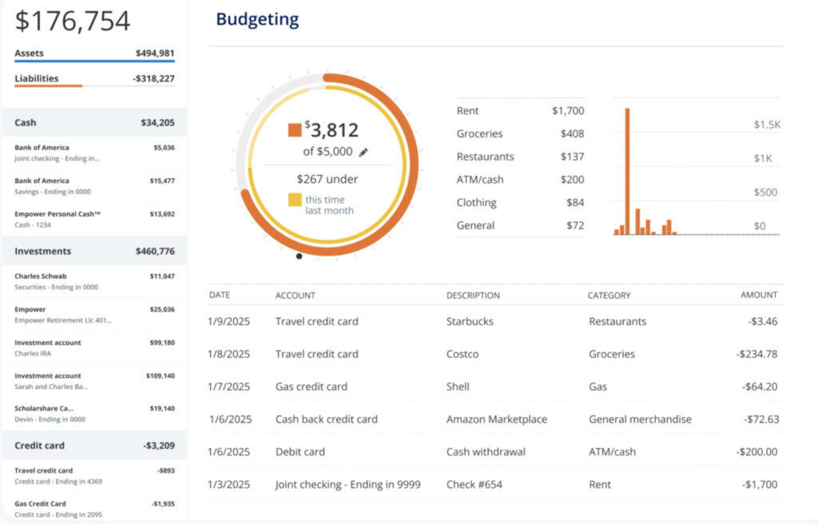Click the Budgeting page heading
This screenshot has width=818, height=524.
click(257, 20)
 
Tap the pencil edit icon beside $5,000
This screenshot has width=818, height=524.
click(363, 152)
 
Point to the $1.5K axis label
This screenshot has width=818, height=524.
click(767, 125)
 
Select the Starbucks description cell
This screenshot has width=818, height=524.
click(470, 321)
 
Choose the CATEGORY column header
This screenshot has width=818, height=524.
click(609, 295)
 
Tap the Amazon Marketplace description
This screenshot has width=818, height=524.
click(496, 419)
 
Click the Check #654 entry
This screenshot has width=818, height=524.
click(475, 484)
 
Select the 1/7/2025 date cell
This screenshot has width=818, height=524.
click(228, 387)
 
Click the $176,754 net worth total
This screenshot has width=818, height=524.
click(72, 21)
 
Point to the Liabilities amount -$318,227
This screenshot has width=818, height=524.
click(153, 78)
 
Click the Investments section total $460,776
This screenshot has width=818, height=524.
click(155, 251)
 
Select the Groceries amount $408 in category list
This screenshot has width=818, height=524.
click(572, 133)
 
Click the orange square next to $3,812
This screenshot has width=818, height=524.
click(295, 129)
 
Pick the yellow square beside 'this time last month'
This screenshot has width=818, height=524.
click(295, 199)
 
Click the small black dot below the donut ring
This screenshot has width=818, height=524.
click(299, 256)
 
